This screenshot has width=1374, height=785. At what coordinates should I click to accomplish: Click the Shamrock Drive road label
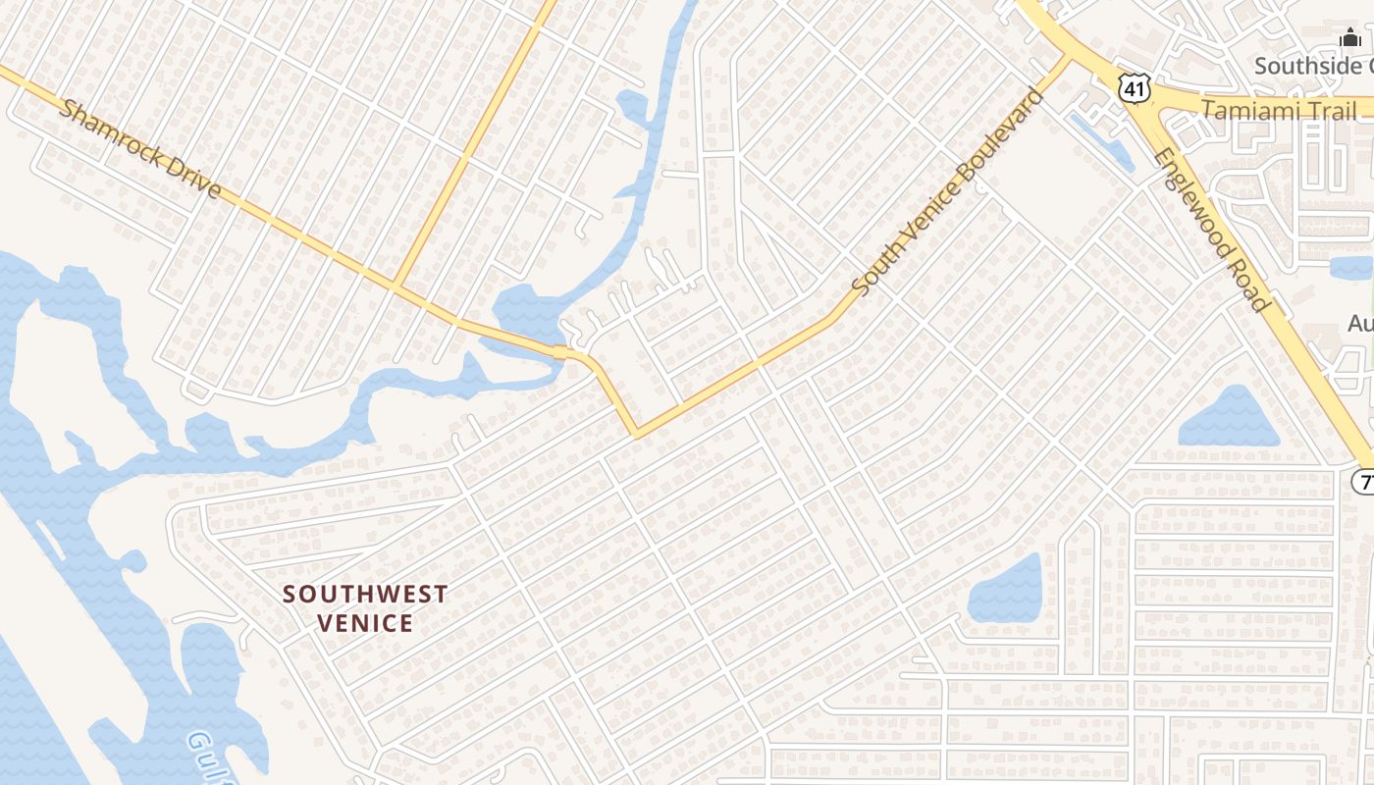click(x=140, y=147)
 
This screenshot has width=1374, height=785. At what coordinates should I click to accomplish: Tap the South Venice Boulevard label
click(x=948, y=191)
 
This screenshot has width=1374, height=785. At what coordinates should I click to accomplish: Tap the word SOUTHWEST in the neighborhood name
click(x=365, y=594)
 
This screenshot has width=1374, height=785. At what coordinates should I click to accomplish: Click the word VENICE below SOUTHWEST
click(x=365, y=623)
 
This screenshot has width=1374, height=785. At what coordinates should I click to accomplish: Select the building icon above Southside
click(x=1351, y=40)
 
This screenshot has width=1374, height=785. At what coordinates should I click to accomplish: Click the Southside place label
click(x=1313, y=66)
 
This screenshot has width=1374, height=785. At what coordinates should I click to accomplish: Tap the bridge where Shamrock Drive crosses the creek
click(x=560, y=352)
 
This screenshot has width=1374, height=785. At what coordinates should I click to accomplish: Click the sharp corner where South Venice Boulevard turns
click(x=636, y=433)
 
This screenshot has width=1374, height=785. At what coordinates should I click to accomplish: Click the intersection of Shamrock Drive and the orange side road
click(x=395, y=287)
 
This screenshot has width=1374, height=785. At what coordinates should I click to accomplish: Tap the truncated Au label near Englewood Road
click(x=1360, y=323)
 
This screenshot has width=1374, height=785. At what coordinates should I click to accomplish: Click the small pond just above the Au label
click(x=1351, y=267)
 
